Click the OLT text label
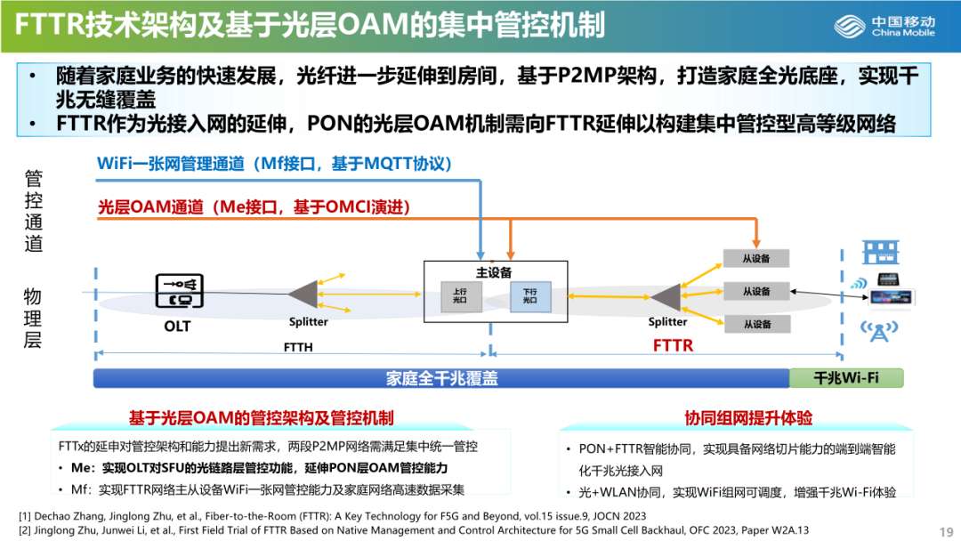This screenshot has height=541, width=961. (x=177, y=326)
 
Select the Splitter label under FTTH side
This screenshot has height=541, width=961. (x=308, y=322)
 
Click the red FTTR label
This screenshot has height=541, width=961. (x=673, y=345)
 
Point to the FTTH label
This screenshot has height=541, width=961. (x=298, y=347)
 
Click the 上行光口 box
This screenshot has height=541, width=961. (x=460, y=295)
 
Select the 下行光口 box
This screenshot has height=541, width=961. (x=529, y=295)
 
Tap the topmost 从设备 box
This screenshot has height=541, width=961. (x=756, y=259)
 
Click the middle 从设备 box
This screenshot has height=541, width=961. (x=756, y=291)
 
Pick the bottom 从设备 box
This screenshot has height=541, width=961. (x=756, y=324)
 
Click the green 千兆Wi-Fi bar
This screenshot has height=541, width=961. (x=845, y=378)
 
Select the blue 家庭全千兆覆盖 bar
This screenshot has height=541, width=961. (x=441, y=378)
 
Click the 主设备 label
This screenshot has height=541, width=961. (x=494, y=272)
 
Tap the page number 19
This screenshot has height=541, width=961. (x=946, y=531)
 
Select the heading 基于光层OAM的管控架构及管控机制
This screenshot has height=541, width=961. (x=261, y=417)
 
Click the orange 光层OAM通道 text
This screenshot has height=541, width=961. (x=253, y=207)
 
